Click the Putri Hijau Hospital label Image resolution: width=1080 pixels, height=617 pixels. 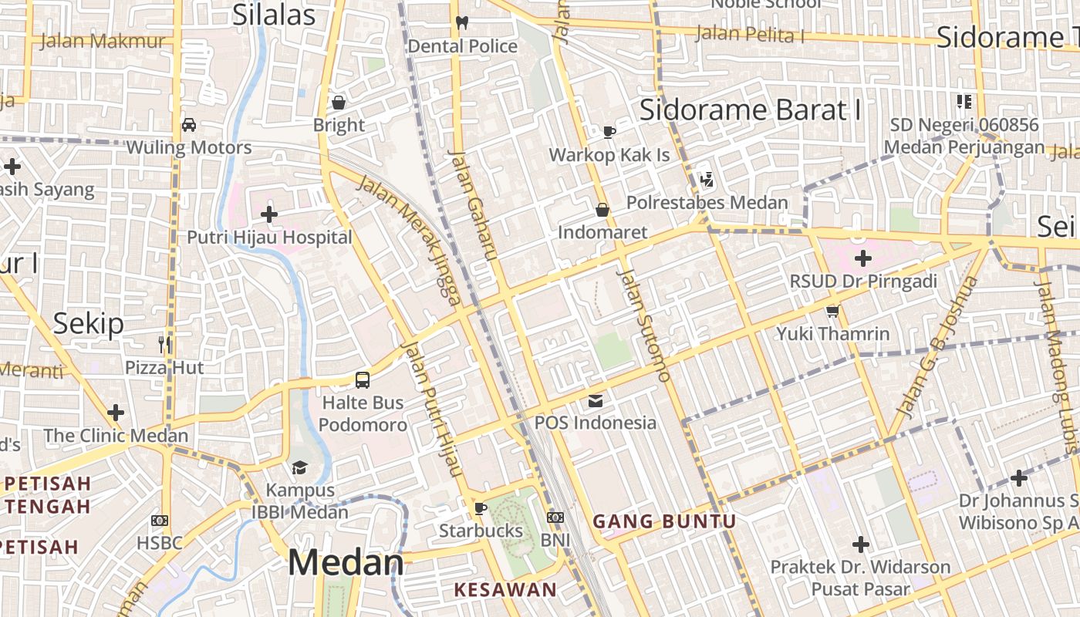click(x=269, y=238)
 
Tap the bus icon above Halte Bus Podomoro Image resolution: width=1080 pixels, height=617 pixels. click(x=363, y=379)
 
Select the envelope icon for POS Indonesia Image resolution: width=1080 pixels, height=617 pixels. click(x=596, y=401)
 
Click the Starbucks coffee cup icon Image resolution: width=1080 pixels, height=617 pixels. click(x=481, y=508)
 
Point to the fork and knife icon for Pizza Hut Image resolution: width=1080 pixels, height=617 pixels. click(x=164, y=344)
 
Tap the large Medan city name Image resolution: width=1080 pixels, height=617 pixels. click(x=346, y=563)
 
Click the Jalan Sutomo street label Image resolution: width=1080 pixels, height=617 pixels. click(x=643, y=325)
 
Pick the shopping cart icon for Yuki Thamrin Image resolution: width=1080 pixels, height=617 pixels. click(x=832, y=312)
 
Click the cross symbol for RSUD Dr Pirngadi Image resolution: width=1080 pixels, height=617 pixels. click(x=863, y=258)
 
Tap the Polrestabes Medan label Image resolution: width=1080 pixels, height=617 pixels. click(x=707, y=203)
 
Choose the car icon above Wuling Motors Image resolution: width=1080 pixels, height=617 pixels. click(x=189, y=124)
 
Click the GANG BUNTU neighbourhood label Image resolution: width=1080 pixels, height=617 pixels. click(x=664, y=521)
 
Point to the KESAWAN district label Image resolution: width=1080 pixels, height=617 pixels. click(x=505, y=590)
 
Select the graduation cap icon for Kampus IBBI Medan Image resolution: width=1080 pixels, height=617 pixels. click(x=299, y=468)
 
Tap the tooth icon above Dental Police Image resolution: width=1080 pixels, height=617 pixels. click(x=462, y=22)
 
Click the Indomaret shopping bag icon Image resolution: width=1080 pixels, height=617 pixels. click(x=602, y=210)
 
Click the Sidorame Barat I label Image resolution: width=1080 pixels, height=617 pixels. click(x=750, y=110)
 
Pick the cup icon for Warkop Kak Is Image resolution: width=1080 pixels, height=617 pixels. click(x=609, y=132)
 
